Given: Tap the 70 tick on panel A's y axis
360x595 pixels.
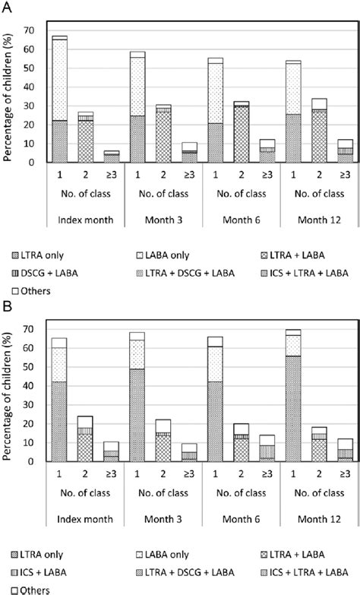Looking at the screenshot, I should tap(31, 30).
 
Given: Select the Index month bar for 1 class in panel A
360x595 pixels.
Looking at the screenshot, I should tap(59, 99).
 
